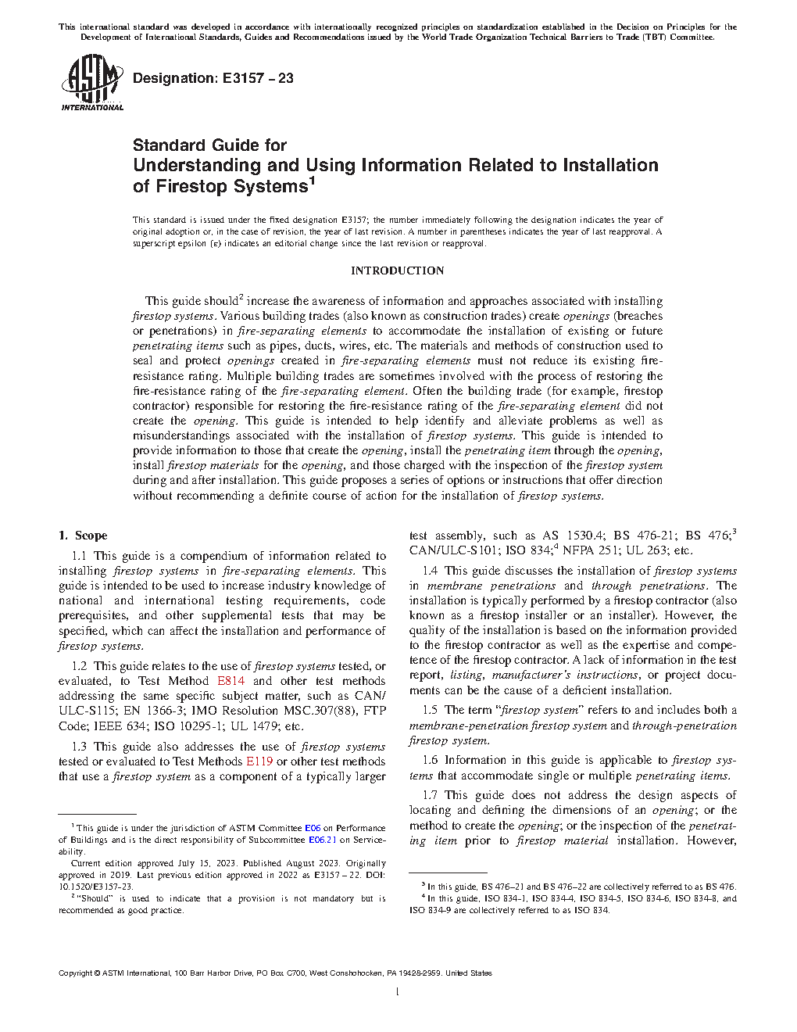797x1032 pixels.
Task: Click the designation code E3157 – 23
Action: coord(258,78)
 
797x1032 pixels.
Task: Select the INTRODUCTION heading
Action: coord(397,271)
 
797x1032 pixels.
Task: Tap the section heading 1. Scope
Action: coord(83,536)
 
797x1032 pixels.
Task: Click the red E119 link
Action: coord(259,761)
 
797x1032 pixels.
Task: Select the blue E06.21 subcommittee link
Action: coord(322,840)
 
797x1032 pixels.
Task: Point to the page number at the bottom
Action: coord(398,992)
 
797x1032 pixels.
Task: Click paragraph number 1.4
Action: coord(430,571)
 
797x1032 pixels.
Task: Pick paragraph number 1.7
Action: coord(430,795)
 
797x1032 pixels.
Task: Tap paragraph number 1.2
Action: coord(79,666)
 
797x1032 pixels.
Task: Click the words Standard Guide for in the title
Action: coord(209,145)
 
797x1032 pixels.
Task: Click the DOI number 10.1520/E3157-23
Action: coord(96,887)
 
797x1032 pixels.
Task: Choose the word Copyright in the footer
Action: coord(75,973)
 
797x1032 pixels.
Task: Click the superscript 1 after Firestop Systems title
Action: coord(312,181)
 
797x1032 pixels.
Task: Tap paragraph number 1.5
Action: coord(430,710)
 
